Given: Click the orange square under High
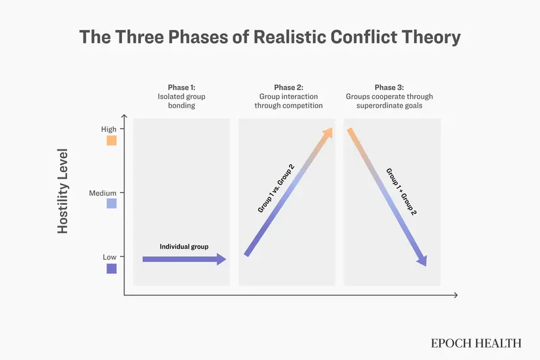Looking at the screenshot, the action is (x=112, y=141).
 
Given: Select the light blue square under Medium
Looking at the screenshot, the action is (x=112, y=203).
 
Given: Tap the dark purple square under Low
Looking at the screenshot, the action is (x=112, y=269).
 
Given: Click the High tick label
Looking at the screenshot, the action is (x=109, y=129).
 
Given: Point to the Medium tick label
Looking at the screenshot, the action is (x=102, y=193).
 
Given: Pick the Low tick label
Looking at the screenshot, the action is (x=110, y=257).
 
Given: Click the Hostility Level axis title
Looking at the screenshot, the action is (x=63, y=191).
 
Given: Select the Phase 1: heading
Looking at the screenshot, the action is (x=181, y=87).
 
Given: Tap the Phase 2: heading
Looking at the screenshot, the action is (x=289, y=87).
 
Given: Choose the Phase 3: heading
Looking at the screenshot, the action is (x=389, y=87).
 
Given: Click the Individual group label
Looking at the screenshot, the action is (x=184, y=247).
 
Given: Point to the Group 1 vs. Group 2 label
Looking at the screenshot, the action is (x=276, y=188).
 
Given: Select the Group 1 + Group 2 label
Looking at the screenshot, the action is (x=401, y=192).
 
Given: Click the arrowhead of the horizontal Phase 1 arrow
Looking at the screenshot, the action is (x=222, y=259).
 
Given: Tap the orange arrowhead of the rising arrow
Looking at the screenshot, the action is (x=327, y=133).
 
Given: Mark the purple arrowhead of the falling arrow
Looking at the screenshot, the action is (x=423, y=261).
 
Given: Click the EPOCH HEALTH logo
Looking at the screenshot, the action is (x=476, y=343).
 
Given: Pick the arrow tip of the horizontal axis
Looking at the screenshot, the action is (x=457, y=295).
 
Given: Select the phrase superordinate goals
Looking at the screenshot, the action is (x=389, y=106).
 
